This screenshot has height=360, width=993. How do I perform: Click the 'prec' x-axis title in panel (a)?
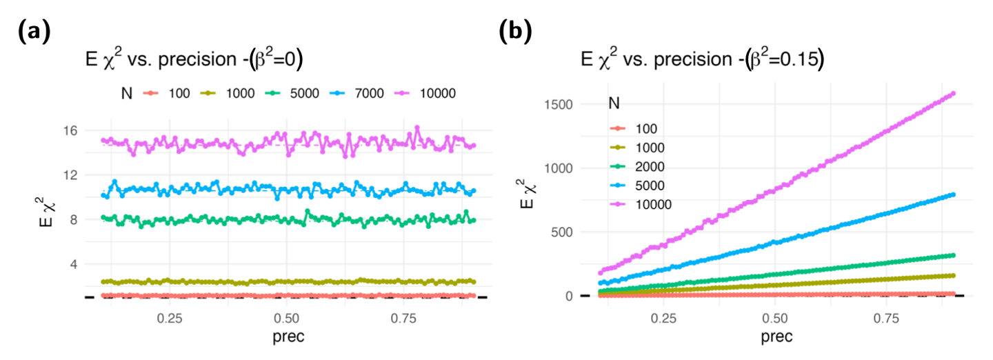[286, 338]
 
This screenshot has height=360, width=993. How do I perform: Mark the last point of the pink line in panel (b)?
[952, 93]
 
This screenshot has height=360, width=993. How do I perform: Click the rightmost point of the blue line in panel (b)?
[952, 194]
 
